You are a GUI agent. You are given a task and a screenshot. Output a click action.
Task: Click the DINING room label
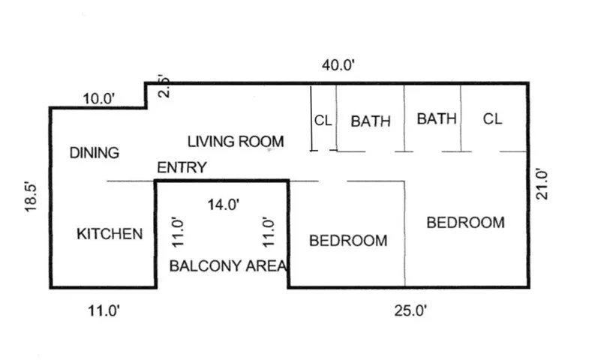(x=95, y=153)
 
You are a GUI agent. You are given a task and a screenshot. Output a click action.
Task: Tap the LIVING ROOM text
(x=236, y=141)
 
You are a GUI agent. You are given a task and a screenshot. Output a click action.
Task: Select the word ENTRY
(x=181, y=168)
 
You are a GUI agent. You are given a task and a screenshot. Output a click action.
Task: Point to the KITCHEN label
(x=110, y=235)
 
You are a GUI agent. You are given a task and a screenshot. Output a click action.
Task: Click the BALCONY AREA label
(x=228, y=265)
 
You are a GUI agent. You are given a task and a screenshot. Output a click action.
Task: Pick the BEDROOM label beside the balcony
(x=348, y=241)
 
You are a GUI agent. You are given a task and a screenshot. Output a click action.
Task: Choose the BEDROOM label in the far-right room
(x=465, y=222)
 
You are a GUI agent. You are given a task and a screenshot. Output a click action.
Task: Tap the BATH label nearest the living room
(x=371, y=120)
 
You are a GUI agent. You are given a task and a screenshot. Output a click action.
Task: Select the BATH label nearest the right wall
(x=437, y=118)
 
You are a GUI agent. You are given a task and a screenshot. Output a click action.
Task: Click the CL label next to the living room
(x=323, y=120)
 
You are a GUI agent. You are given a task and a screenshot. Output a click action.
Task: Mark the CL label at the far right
(x=492, y=118)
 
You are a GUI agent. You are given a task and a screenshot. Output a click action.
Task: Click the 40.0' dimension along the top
(x=338, y=65)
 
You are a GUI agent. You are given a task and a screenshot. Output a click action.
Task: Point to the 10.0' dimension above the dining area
(x=99, y=97)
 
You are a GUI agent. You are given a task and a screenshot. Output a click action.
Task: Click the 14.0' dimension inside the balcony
(x=223, y=203)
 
